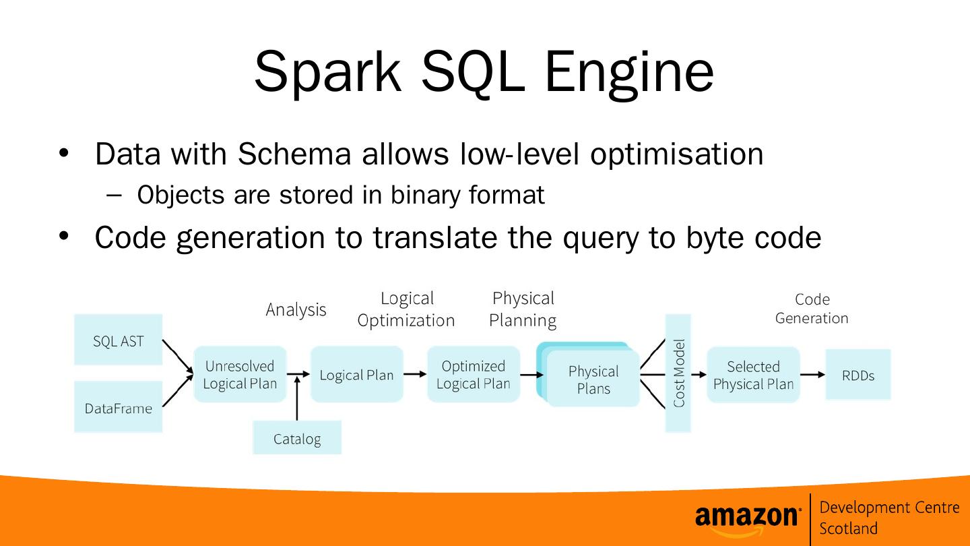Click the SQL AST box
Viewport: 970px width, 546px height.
pyautogui.click(x=118, y=340)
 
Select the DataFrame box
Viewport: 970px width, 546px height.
pyautogui.click(x=118, y=407)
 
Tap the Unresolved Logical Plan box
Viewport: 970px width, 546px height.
pyautogui.click(x=240, y=375)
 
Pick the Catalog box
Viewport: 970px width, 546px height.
pyautogui.click(x=297, y=438)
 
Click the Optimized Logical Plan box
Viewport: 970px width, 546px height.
pyautogui.click(x=474, y=375)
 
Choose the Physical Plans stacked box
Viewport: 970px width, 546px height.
pyautogui.click(x=592, y=379)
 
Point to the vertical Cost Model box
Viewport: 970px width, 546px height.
pyautogui.click(x=678, y=373)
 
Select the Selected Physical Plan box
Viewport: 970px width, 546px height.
pyautogui.click(x=753, y=375)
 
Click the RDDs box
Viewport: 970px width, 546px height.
pyautogui.click(x=858, y=375)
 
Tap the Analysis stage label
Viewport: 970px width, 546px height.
pyautogui.click(x=296, y=309)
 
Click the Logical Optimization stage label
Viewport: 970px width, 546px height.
pyautogui.click(x=406, y=309)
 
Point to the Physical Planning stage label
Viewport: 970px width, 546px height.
pyautogui.click(x=523, y=309)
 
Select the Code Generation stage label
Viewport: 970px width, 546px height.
pyautogui.click(x=812, y=309)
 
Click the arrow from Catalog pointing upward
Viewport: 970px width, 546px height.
pyautogui.click(x=297, y=401)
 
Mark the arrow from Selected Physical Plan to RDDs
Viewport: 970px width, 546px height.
pyautogui.click(x=812, y=375)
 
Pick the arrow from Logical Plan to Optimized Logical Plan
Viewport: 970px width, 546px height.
pyautogui.click(x=416, y=374)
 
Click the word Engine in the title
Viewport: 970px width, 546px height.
pyautogui.click(x=628, y=72)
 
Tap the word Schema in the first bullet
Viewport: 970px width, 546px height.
pyautogui.click(x=294, y=154)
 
